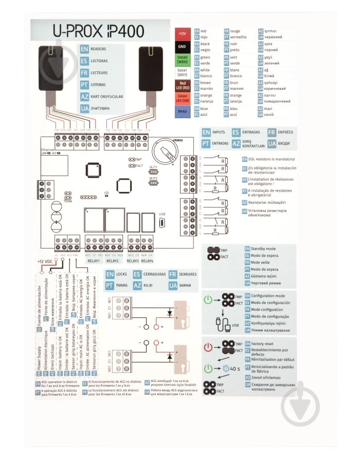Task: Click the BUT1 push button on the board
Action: [x=153, y=174]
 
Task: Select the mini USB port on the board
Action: [x=162, y=222]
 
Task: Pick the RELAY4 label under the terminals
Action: [x=147, y=261]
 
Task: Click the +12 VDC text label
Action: [x=45, y=261]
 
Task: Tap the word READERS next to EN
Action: [x=99, y=50]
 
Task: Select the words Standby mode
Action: [x=264, y=248]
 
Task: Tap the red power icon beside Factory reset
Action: [x=207, y=347]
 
